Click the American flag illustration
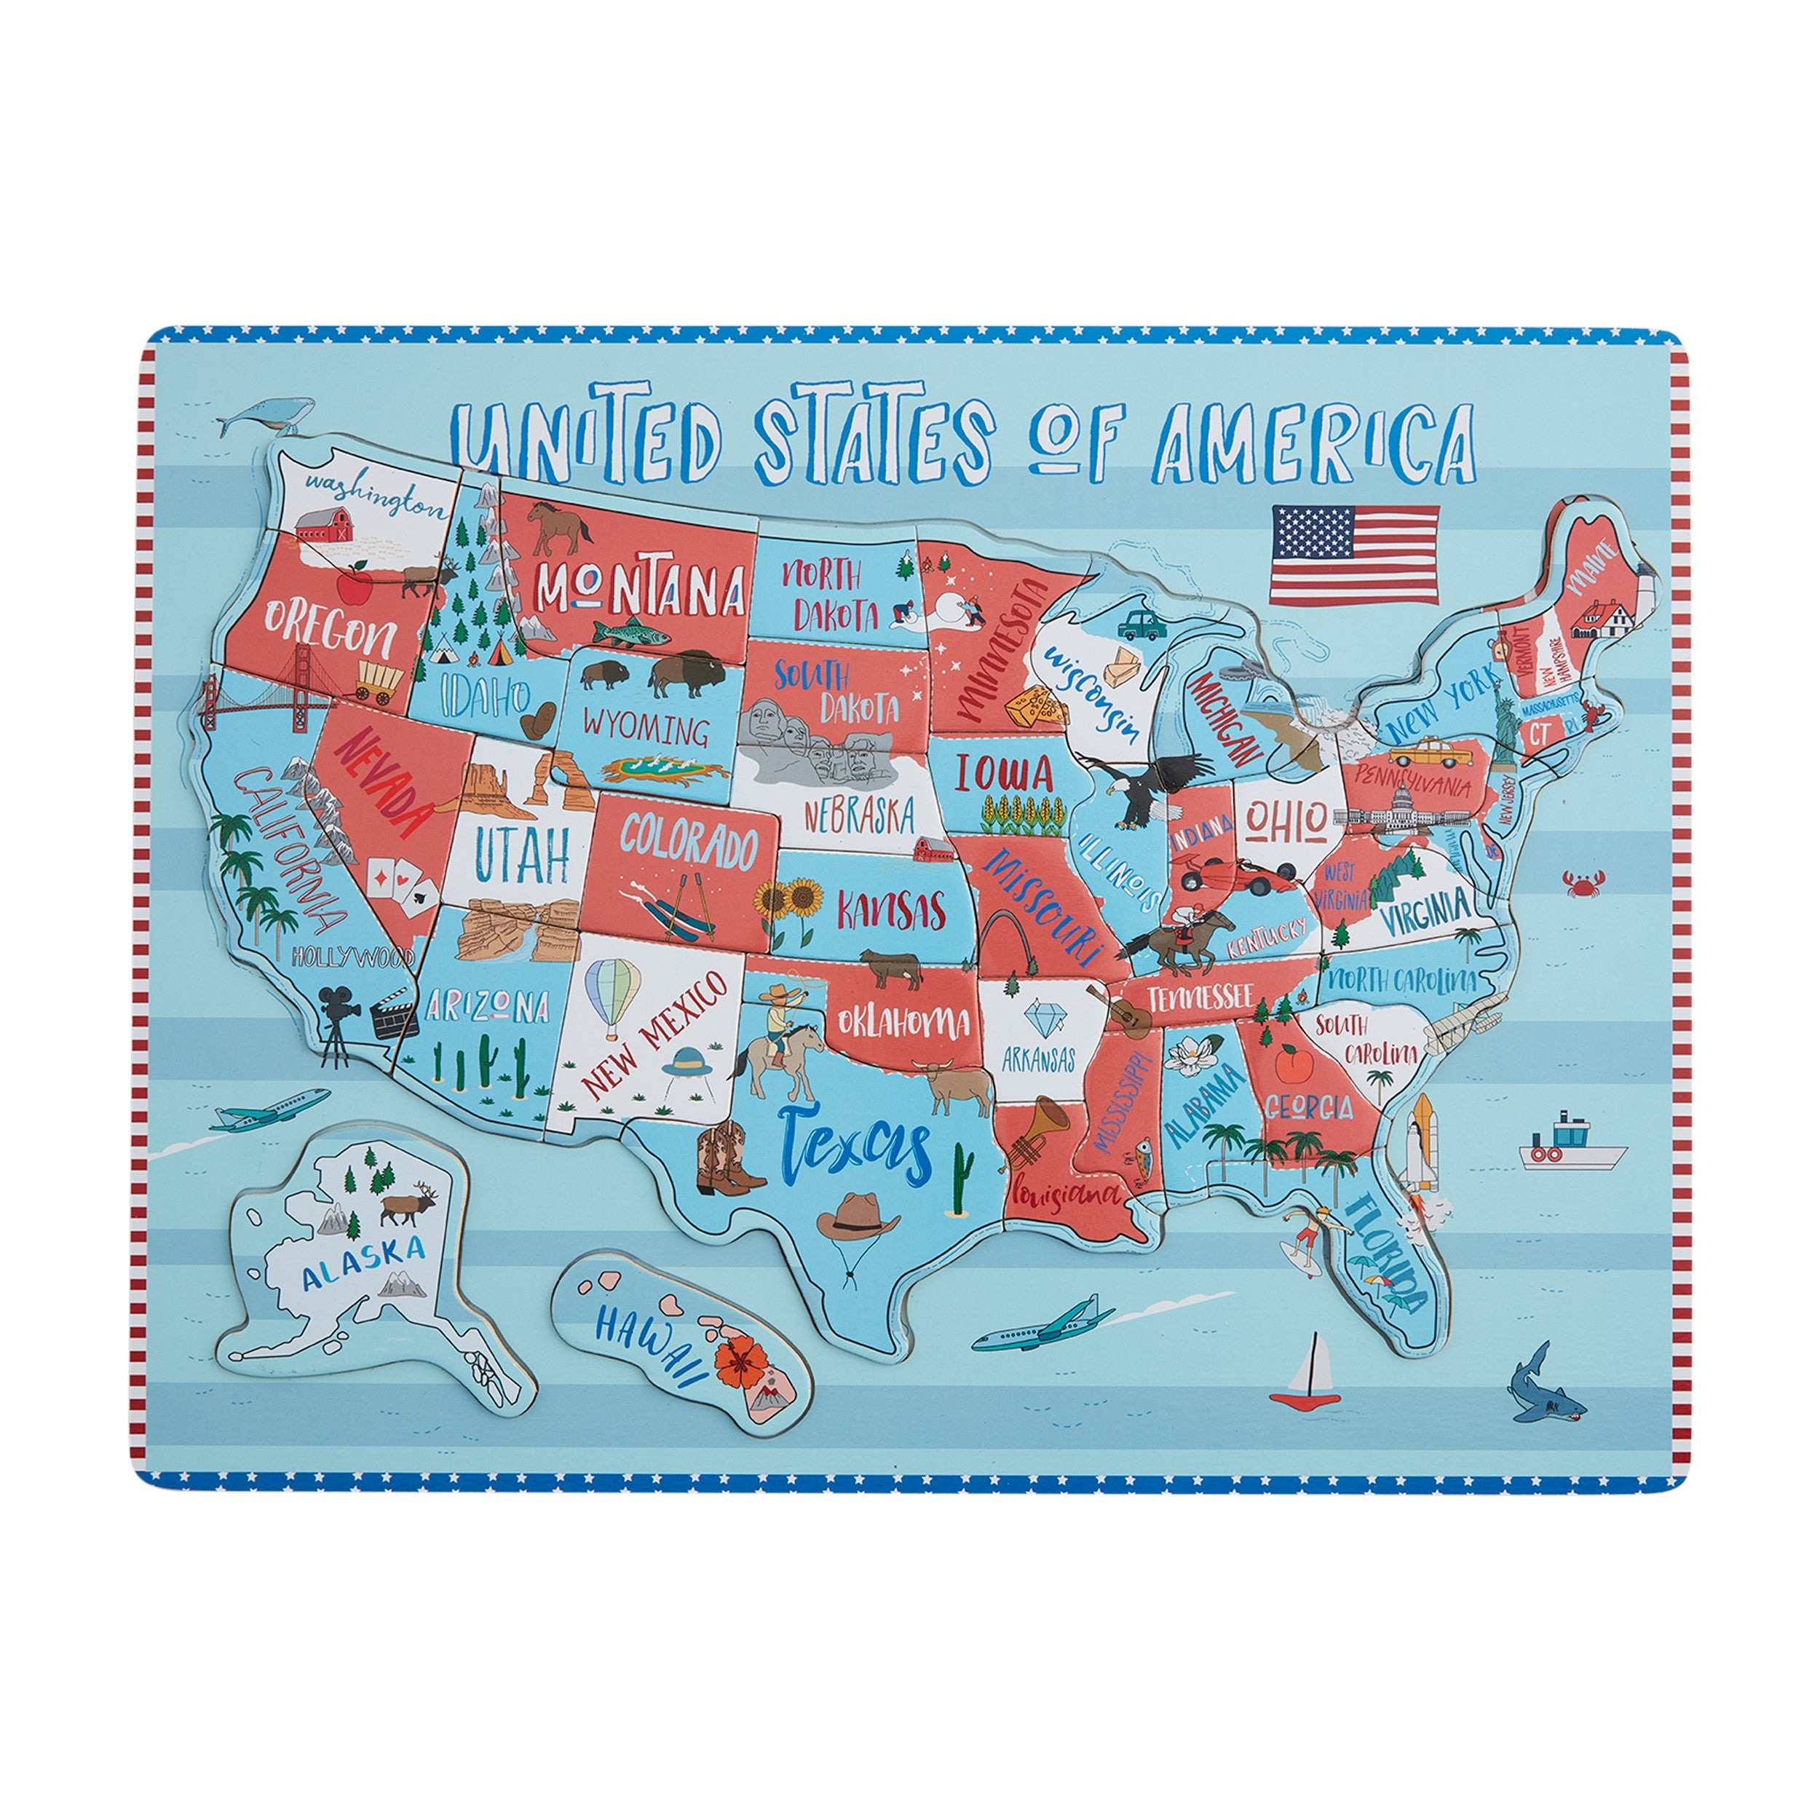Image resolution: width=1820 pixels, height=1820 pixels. point(1355,555)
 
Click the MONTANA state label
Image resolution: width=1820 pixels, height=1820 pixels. point(641,587)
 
